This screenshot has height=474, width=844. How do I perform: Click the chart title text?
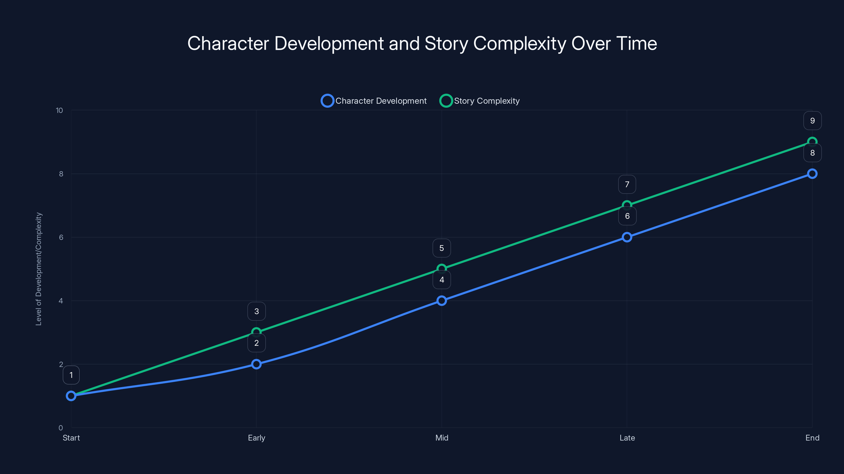(422, 43)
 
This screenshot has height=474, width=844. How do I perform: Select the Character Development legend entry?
(374, 101)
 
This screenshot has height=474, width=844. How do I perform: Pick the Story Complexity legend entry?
(480, 101)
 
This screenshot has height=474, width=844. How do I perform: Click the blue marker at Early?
(257, 364)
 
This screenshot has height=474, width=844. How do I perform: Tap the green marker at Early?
(257, 332)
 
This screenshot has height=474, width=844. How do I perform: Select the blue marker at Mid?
(442, 301)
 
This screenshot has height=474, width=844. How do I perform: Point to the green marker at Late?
(627, 205)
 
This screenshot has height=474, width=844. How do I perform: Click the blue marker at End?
(812, 174)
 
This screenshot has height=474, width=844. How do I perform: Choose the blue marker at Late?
(627, 237)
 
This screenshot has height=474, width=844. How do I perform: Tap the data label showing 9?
(812, 121)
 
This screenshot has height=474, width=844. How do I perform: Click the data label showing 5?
(442, 248)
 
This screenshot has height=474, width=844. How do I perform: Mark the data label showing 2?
(257, 343)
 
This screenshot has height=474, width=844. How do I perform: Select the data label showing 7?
(627, 185)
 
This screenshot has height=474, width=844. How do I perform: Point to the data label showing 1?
(71, 375)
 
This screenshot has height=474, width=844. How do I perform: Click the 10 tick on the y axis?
(59, 111)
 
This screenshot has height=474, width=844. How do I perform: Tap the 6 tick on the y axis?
(61, 238)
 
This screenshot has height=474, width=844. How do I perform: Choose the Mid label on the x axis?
(442, 438)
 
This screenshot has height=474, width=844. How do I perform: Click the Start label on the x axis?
(71, 438)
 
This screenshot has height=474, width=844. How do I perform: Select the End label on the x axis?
(812, 438)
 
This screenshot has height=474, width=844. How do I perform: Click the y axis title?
(39, 269)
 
